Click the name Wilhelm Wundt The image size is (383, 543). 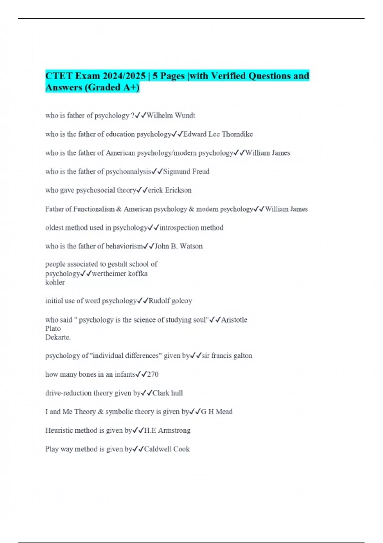click(171, 115)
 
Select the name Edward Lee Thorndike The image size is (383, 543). click(218, 134)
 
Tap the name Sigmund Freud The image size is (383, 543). click(186, 172)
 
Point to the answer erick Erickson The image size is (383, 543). click(170, 190)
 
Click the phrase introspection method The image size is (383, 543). click(191, 228)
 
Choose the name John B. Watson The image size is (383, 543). click(178, 246)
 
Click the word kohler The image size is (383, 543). click(55, 282)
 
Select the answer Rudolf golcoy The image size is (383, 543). click(170, 301)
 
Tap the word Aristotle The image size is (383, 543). click(234, 320)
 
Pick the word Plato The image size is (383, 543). click(53, 328)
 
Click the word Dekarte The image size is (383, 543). click(57, 337)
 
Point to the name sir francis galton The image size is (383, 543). click(227, 356)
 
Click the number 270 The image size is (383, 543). click(153, 374)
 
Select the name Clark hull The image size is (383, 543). click(168, 393)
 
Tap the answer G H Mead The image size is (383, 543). click(216, 412)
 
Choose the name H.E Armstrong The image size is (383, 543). click(167, 430)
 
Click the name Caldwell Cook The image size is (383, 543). click(167, 449)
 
